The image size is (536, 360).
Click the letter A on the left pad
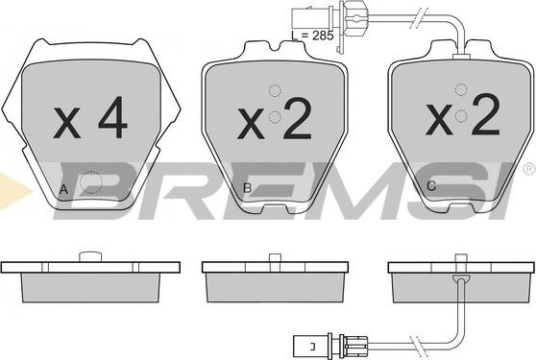click(x=63, y=189)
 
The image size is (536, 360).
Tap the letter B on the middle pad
click(x=247, y=188)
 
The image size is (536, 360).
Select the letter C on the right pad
click(x=431, y=186)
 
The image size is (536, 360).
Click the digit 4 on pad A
click(x=112, y=117)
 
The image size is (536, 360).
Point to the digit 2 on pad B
click(x=298, y=118)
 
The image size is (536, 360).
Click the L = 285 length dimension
click(x=312, y=36)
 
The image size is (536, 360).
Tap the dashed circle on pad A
click(x=91, y=182)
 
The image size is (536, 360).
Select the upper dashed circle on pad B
click(x=275, y=90)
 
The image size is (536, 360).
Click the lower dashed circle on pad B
click(x=275, y=117)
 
